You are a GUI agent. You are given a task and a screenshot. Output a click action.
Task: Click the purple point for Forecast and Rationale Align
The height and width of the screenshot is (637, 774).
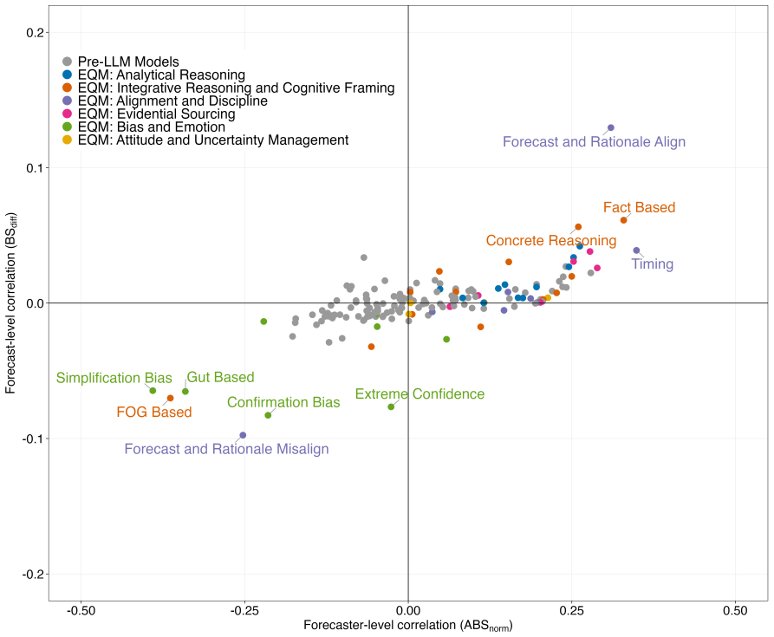coord(610,127)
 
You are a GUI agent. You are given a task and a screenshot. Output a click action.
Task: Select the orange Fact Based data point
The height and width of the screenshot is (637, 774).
coord(623,220)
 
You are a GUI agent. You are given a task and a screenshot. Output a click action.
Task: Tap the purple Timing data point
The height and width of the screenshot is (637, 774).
coord(636,250)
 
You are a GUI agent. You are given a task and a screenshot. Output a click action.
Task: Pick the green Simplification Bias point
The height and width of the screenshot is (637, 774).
coord(153,391)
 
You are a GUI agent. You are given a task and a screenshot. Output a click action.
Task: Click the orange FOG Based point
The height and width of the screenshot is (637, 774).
coord(170,398)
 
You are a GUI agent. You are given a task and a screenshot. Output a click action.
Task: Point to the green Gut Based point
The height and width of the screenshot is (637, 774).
coord(185,392)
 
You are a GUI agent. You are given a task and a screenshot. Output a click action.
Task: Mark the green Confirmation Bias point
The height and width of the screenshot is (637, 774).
coord(268,415)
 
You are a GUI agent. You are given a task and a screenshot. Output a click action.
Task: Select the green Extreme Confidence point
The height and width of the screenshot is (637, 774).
coord(391,407)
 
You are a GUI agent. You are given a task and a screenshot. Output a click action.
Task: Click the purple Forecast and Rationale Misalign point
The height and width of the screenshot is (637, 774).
coord(243,435)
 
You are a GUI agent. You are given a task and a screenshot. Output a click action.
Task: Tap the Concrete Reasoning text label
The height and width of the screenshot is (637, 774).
coord(551,240)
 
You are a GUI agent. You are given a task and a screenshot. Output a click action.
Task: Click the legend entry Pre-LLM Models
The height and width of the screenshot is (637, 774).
coord(121,62)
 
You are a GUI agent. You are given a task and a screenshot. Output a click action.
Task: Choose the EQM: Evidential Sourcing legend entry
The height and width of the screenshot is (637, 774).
coord(149,114)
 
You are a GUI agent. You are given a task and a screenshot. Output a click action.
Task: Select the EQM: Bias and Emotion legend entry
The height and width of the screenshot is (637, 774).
coord(144,127)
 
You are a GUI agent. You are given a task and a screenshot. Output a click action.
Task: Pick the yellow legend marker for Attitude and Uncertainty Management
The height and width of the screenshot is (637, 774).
coord(67,140)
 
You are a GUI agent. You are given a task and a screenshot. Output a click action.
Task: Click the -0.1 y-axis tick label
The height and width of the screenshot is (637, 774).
coord(33,439)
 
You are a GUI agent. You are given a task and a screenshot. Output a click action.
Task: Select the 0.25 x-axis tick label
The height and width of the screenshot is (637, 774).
coord(571,611)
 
